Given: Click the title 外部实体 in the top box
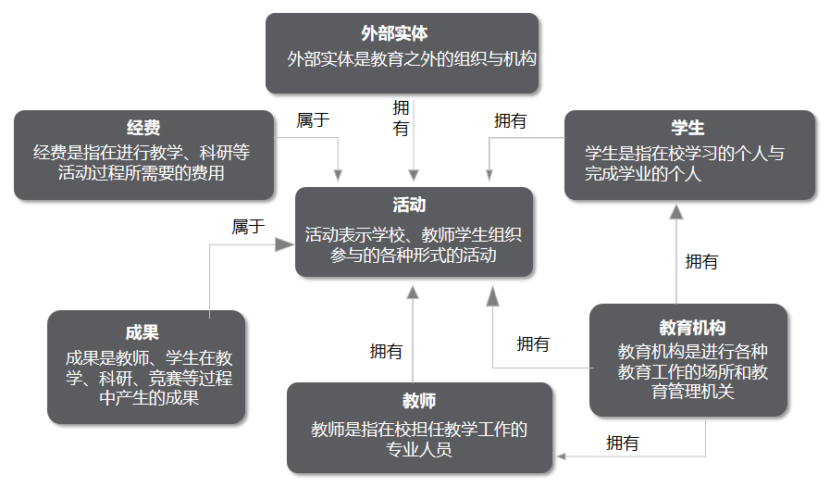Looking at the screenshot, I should (x=402, y=34).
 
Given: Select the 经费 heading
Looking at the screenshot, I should (x=143, y=129).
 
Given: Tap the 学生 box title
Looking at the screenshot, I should (x=688, y=129).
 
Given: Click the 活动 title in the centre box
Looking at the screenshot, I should (x=414, y=205).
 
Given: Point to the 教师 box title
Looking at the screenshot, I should (x=419, y=401).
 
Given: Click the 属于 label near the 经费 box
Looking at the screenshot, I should (x=313, y=119).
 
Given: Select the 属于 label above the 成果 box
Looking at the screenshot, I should (x=248, y=227).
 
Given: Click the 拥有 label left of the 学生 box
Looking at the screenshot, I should (x=510, y=120).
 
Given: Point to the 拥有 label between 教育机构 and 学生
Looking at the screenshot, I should (x=701, y=262).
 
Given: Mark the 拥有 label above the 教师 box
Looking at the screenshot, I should (x=386, y=351).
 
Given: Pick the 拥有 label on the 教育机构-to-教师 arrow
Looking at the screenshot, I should (x=622, y=443).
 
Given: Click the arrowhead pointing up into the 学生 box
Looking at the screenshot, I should (x=676, y=211).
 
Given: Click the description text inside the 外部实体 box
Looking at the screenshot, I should (x=412, y=59).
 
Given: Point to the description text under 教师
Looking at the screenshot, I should (x=419, y=440).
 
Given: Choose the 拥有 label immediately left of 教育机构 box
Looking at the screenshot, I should (x=533, y=344).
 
